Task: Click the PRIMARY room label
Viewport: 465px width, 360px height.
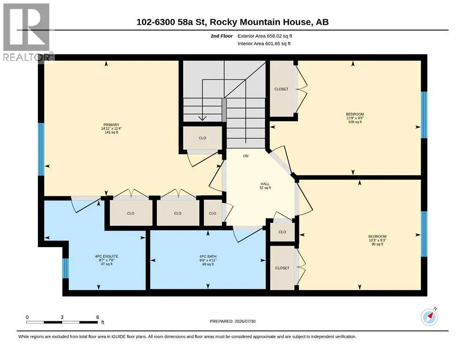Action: coord(111,125)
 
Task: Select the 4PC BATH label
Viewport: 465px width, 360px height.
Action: coord(208,256)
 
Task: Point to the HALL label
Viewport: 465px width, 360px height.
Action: coord(265,184)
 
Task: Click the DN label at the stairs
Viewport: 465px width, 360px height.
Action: coord(245,156)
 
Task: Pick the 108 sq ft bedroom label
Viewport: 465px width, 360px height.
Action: coord(355,118)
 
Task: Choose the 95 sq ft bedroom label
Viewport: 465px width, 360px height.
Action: coord(377,240)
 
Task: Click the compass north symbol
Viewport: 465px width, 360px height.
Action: coord(429,317)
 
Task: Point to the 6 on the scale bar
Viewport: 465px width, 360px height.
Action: coord(97,317)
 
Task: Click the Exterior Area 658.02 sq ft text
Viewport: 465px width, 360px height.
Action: coord(265,36)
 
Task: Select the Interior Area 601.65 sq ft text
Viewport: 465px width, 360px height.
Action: coord(264,44)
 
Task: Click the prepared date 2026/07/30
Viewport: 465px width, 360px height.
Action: coord(245,321)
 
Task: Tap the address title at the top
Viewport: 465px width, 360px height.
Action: coord(232,22)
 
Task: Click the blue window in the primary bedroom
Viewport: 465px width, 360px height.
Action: coord(41,149)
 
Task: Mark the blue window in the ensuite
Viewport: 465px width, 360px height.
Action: coord(66,268)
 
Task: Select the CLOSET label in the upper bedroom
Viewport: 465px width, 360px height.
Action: coord(281,89)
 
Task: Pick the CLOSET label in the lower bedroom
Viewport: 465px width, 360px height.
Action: coord(282,268)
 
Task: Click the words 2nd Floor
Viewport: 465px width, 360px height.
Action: coord(221,36)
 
